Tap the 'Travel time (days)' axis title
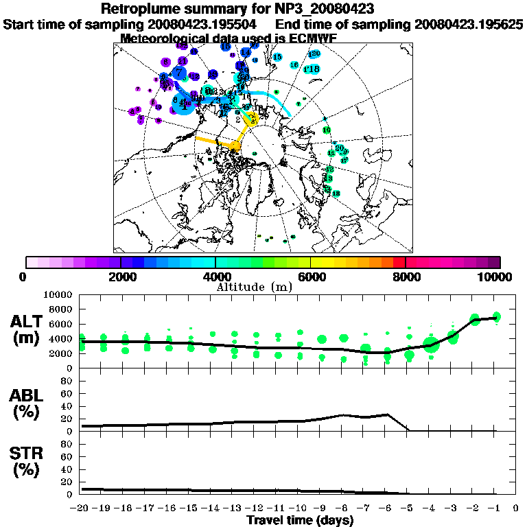coord(300,521)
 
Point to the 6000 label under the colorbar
coord(311,277)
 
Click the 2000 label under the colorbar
coord(121,277)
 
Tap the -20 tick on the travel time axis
coord(81,508)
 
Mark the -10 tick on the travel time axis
coord(299,508)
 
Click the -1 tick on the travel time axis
coord(494,508)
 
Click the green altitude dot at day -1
coord(497,317)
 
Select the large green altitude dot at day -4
coord(431,345)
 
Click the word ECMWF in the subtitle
coord(313,38)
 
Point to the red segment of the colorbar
coord(399,262)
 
